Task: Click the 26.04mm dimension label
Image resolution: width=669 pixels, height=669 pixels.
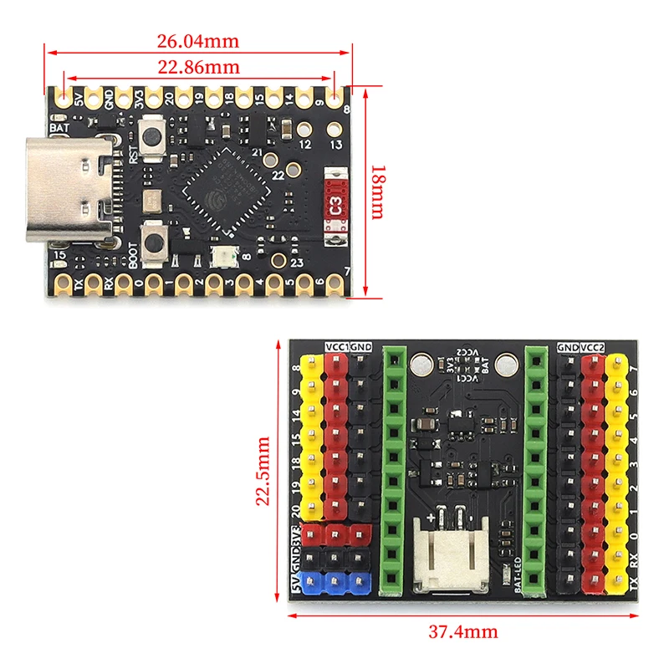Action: click(198, 40)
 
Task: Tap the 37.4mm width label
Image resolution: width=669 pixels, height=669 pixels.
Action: click(462, 631)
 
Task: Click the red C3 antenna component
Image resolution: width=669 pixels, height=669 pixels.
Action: click(335, 205)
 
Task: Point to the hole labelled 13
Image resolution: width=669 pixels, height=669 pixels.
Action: click(335, 130)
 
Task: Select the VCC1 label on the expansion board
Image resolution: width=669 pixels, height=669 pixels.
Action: click(336, 345)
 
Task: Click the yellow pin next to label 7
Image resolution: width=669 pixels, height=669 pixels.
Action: click(617, 366)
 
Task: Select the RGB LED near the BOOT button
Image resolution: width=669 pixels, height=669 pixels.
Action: click(222, 257)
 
